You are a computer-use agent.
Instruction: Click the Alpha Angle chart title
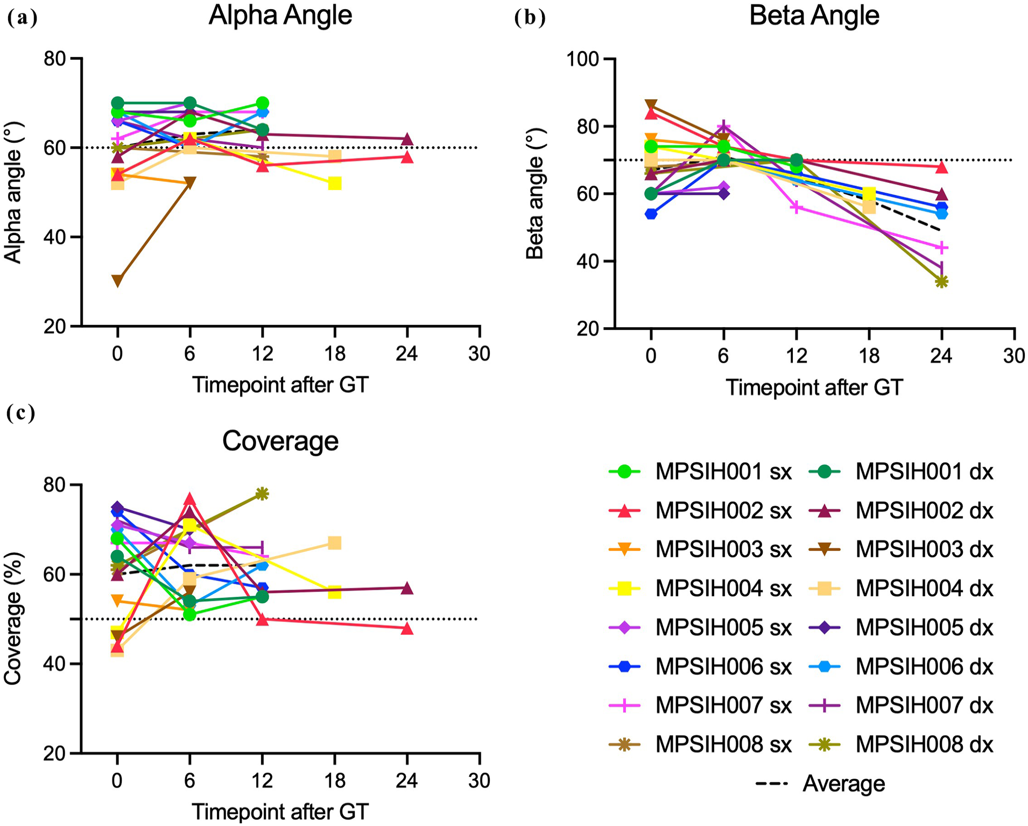(280, 16)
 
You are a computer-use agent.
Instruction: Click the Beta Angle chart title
(814, 16)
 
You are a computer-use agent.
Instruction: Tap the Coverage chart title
(280, 441)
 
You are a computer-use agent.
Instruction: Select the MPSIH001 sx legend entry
(700, 471)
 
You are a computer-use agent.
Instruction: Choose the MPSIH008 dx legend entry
(901, 744)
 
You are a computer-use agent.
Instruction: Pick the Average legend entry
(820, 783)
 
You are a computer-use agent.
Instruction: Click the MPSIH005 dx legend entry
(901, 627)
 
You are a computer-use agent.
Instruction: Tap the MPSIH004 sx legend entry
(700, 588)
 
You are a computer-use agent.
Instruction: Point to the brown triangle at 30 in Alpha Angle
(117, 281)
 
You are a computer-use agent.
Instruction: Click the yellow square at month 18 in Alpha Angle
(334, 183)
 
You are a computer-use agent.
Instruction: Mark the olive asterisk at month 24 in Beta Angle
(941, 281)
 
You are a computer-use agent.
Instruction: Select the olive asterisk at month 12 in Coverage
(262, 493)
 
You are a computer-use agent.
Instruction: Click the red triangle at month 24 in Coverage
(407, 628)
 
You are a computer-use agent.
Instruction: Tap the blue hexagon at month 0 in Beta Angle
(651, 214)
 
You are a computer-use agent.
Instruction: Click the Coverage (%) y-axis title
(12, 619)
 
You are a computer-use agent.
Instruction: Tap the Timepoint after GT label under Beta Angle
(814, 387)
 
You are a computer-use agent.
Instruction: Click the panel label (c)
(21, 413)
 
